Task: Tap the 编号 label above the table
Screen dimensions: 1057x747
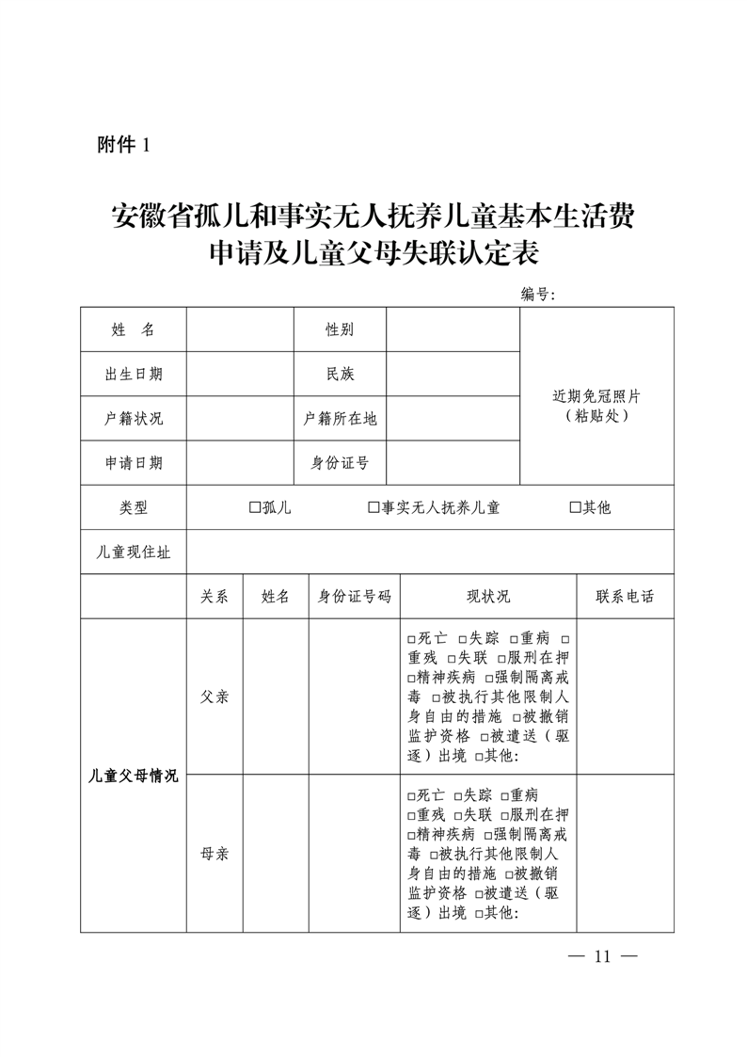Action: coord(538,295)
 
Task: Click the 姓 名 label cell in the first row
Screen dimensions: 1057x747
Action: coord(133,329)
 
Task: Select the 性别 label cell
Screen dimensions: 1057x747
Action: coord(340,329)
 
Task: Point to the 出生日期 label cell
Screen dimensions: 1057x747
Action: coord(133,374)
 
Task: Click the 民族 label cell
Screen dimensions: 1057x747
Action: coord(340,374)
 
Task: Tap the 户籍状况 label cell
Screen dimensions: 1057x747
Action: coord(133,418)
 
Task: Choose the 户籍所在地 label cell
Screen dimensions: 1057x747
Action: coord(340,418)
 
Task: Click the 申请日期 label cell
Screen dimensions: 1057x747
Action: coord(133,462)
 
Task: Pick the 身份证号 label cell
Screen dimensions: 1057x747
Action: coord(340,462)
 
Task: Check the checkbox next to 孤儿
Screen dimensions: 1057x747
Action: coord(254,507)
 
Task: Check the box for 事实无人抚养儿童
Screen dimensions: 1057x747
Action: coord(373,507)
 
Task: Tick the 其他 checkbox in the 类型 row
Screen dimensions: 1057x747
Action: coord(575,507)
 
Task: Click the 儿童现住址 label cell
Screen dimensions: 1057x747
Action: coord(133,553)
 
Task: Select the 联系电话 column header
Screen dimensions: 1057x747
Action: coord(625,597)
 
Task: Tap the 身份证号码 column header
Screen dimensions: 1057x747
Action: coord(354,597)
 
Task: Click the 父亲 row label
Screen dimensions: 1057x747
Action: coord(215,697)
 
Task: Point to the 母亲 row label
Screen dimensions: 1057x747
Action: coord(215,854)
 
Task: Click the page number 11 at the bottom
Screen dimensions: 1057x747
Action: coord(603,957)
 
